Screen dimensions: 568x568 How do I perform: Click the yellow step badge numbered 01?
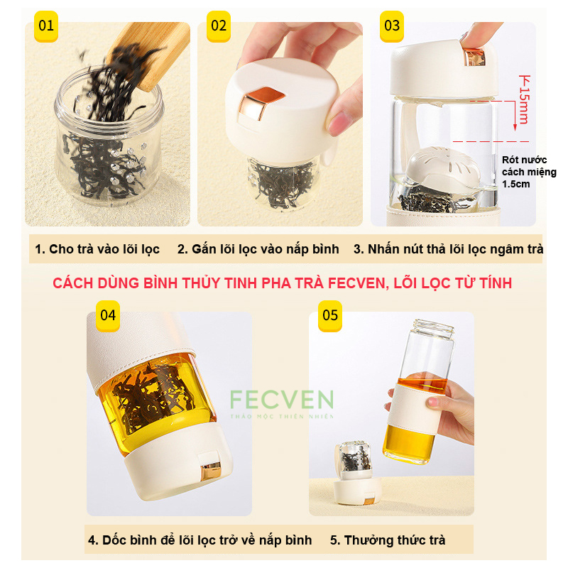(x=46, y=26)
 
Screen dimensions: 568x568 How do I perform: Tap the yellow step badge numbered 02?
(x=219, y=26)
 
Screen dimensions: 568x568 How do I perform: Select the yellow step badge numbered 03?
(x=392, y=26)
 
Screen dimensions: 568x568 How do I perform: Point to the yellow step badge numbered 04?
(x=108, y=316)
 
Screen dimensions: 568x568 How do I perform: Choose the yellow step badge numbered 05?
(x=330, y=316)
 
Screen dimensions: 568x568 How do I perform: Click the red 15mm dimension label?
(x=525, y=99)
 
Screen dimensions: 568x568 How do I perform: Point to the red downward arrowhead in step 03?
(x=515, y=126)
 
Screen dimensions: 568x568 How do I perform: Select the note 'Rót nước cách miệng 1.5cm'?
(x=529, y=172)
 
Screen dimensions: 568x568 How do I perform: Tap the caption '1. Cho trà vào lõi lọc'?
(x=97, y=249)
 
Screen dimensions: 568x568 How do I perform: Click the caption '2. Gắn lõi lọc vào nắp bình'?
(x=258, y=249)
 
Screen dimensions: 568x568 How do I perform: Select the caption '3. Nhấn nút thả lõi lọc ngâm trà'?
(x=449, y=249)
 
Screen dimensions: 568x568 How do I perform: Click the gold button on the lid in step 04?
(x=211, y=470)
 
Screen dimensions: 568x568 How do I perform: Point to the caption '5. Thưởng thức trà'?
(x=388, y=540)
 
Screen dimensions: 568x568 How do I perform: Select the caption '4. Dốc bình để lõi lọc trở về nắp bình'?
(x=200, y=540)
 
